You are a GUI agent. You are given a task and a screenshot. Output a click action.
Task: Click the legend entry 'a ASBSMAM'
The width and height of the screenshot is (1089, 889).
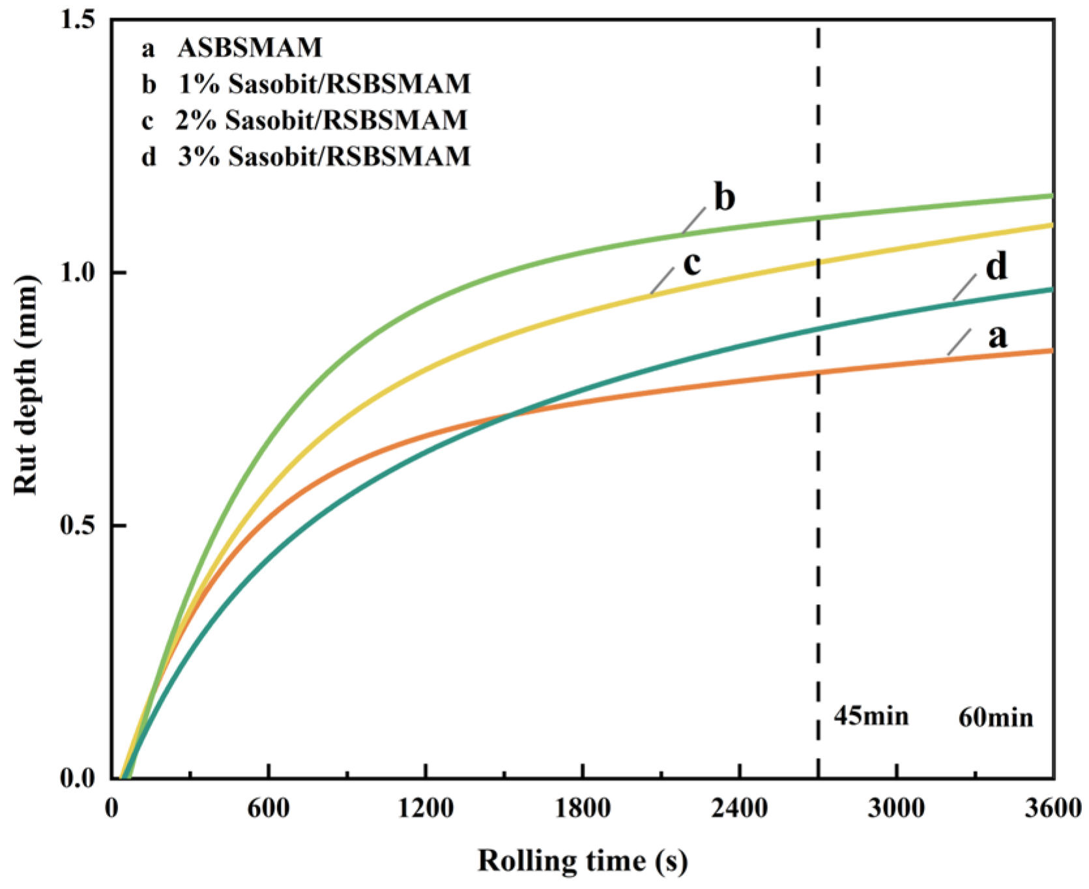(232, 48)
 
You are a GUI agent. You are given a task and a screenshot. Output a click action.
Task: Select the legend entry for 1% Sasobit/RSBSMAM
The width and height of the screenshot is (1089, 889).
(306, 84)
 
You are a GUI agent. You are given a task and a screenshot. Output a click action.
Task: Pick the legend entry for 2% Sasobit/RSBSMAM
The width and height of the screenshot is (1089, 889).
(304, 120)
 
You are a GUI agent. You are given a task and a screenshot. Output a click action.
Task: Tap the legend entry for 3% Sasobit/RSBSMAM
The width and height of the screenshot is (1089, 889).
(306, 156)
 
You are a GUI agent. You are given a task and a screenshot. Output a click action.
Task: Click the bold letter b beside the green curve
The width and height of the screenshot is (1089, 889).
(725, 197)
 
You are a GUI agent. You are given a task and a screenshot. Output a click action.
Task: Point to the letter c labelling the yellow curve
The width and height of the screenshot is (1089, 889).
(691, 263)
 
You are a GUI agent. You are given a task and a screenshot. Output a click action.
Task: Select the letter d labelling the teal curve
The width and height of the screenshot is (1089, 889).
(996, 267)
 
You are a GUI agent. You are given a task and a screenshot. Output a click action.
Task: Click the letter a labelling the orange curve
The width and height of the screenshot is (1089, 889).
(997, 337)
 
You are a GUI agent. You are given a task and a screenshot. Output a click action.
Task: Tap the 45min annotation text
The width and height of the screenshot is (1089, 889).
(871, 716)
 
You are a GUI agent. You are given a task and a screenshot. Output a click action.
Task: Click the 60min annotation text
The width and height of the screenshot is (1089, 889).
(995, 718)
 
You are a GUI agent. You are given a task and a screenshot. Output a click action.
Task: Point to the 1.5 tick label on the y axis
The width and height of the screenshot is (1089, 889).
(77, 20)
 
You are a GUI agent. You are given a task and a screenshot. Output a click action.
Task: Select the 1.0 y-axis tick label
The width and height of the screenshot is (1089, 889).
(77, 272)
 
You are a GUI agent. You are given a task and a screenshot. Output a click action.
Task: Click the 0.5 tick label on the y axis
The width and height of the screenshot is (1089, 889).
(77, 525)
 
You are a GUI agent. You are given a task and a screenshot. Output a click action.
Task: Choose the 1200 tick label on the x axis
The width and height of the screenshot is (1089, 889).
(426, 809)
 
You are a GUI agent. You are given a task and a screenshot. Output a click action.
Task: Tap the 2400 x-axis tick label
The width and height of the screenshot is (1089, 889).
(740, 809)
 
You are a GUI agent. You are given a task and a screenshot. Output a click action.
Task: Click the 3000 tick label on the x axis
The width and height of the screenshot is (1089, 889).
(897, 809)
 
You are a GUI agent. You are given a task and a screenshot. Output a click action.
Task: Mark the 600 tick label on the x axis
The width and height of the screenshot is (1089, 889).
(269, 809)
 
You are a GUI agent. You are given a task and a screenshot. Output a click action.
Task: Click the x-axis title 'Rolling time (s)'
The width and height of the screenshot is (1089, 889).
(582, 860)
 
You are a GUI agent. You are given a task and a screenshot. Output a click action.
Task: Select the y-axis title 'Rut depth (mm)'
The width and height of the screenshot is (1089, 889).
(26, 385)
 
